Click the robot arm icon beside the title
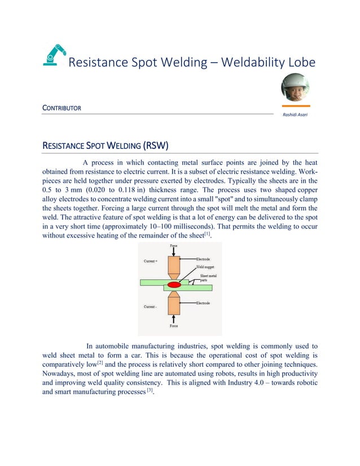[54, 56]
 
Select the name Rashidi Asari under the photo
[295, 115]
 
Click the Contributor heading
[62, 107]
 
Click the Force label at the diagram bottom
[173, 326]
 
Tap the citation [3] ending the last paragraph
[149, 393]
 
